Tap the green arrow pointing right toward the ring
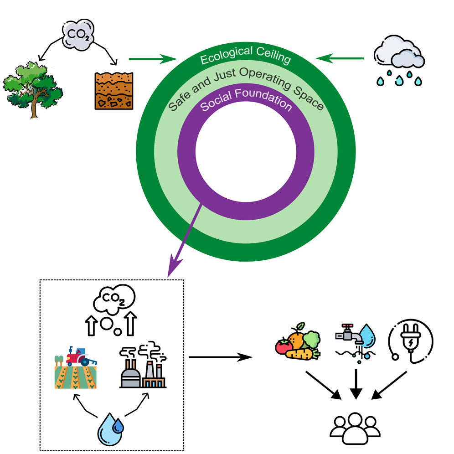coord(153,58)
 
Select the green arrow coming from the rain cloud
coord(340,58)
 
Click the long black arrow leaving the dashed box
coord(221,357)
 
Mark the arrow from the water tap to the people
coord(355,383)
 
